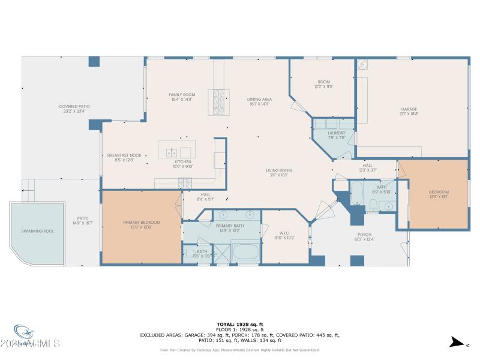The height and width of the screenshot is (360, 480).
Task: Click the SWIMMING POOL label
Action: [37, 231]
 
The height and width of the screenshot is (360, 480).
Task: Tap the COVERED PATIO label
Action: [74, 106]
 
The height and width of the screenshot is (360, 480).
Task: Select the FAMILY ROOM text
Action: [182, 95]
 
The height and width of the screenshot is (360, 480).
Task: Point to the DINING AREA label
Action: [259, 99]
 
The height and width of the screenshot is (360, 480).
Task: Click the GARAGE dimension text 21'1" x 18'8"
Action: [409, 113]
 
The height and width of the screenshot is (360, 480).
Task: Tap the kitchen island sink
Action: [172, 152]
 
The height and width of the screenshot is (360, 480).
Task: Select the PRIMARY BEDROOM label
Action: [142, 223]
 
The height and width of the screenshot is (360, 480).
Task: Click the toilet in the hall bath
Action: [373, 208]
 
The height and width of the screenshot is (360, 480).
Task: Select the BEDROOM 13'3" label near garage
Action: [438, 192]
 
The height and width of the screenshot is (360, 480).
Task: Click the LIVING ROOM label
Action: [279, 170]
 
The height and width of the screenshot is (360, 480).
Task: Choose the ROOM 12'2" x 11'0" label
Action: [324, 82]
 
